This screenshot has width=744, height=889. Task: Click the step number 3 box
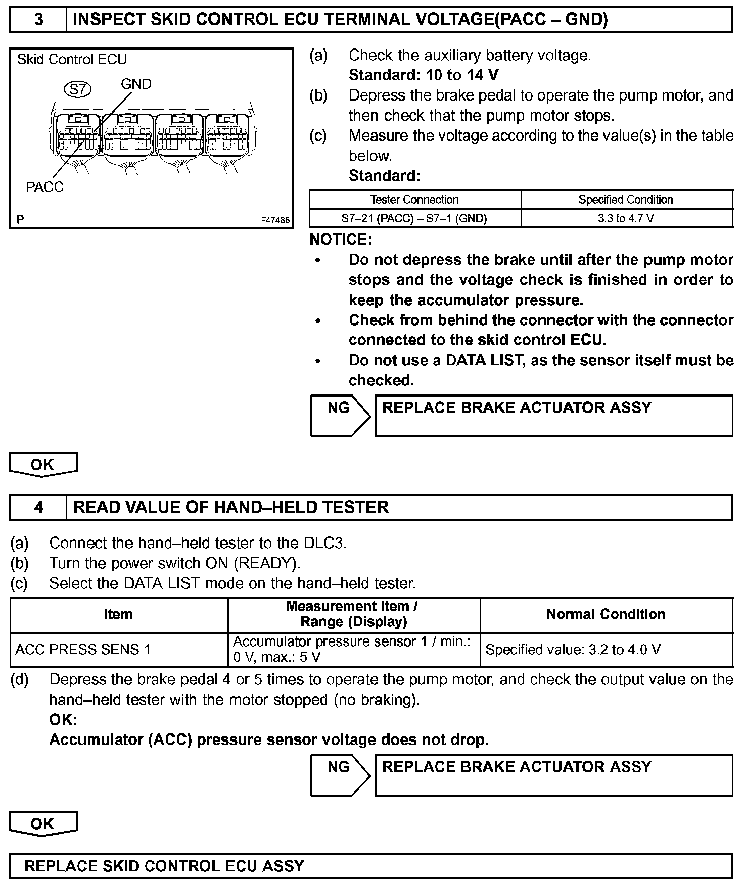[38, 20]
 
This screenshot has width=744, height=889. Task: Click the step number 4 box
[38, 507]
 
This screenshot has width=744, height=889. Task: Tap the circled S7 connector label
[77, 90]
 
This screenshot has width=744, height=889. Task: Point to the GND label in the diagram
[136, 84]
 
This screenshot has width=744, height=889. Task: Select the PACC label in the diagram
[44, 187]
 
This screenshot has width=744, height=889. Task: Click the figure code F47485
[275, 220]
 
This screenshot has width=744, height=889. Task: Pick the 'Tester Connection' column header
[414, 200]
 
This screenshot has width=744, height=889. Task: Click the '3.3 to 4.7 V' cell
[626, 218]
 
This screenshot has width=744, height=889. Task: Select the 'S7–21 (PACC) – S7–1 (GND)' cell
[414, 218]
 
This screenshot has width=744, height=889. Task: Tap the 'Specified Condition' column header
[626, 200]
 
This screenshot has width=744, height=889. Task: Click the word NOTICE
[341, 239]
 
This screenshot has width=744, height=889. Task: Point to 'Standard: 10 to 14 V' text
[424, 75]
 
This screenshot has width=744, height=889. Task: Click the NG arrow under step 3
[340, 415]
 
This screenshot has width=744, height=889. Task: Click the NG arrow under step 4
[340, 775]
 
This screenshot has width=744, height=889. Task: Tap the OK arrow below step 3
[43, 464]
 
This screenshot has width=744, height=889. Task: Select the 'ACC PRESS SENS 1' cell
[83, 650]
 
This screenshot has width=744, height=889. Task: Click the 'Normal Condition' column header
[606, 614]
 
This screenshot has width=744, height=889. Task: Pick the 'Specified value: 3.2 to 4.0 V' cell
[573, 650]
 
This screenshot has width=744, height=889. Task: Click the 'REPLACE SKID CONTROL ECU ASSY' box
[371, 866]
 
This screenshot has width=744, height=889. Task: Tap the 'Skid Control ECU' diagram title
[72, 60]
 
